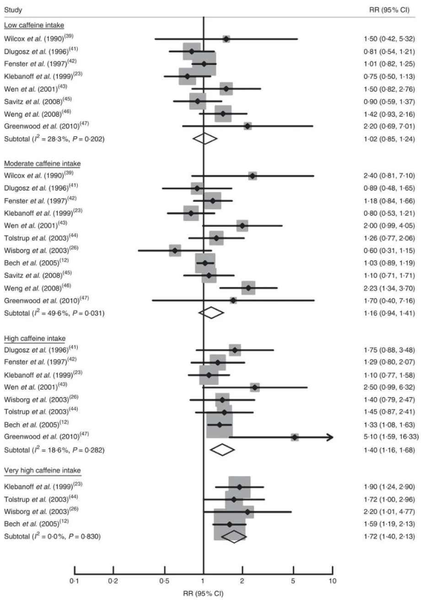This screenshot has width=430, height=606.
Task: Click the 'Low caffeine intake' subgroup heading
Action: tap(34, 25)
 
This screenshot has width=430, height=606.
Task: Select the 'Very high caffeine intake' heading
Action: tap(42, 470)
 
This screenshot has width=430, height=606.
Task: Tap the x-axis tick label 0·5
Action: tap(164, 581)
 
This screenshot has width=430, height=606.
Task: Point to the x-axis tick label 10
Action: tap(333, 581)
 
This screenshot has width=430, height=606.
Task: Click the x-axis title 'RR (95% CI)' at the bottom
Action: tap(203, 594)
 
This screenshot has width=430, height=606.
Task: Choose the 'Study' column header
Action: tap(13, 10)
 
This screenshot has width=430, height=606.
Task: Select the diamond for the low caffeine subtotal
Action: tap(204, 139)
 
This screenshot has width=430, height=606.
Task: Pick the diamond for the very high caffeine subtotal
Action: tap(234, 536)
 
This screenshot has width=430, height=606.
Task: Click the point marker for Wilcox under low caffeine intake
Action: tap(226, 39)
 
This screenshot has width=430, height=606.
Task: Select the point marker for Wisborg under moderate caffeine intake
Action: tap(175, 251)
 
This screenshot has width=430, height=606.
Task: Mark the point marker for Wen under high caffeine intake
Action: tap(255, 387)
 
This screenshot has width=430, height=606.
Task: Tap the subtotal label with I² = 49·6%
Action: tap(54, 313)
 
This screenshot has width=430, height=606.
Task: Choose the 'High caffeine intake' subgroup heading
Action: tap(35, 338)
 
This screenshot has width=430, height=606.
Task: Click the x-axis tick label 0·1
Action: tap(75, 581)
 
